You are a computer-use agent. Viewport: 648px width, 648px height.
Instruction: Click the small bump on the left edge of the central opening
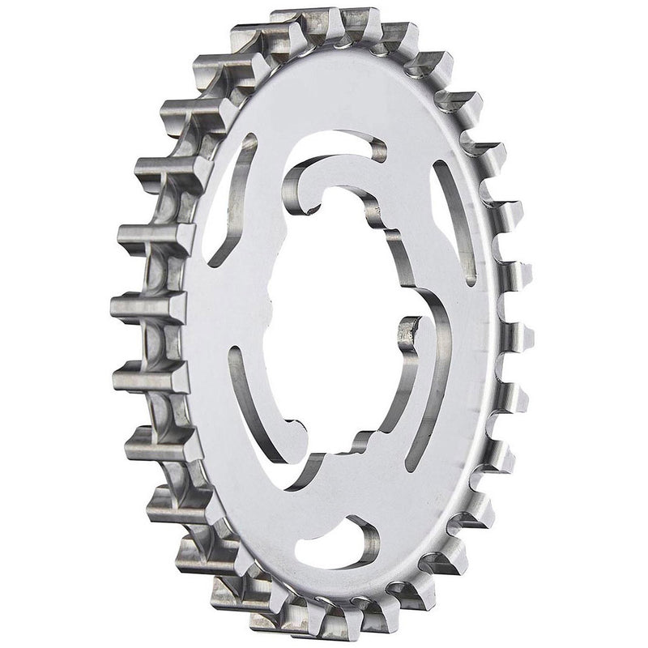click(x=271, y=296)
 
